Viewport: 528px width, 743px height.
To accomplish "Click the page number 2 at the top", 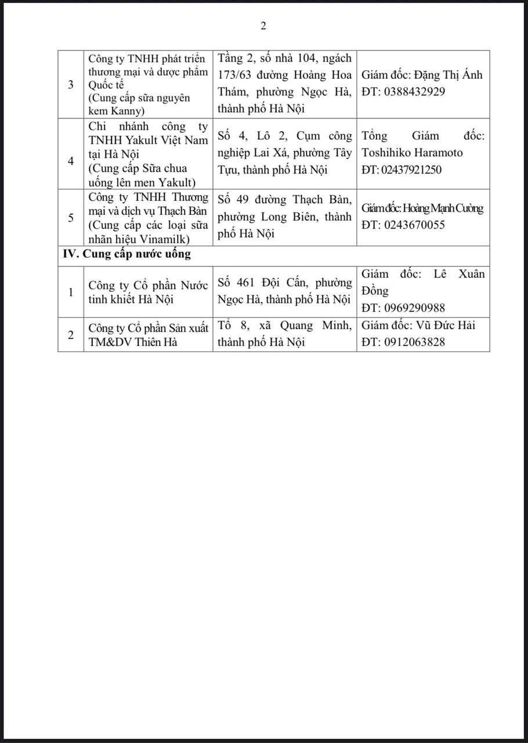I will point(263,26).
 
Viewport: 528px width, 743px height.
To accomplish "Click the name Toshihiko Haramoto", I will point(412,153).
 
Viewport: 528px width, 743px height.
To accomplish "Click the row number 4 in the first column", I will point(71,161).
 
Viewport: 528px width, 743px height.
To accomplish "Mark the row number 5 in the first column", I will point(71,218).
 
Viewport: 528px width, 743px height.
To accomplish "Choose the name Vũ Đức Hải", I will point(446,325).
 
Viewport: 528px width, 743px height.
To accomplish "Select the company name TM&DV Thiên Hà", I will point(133,342).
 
